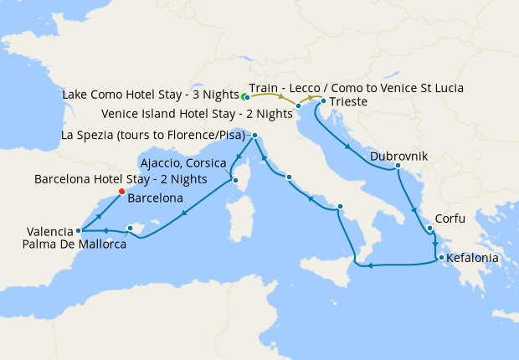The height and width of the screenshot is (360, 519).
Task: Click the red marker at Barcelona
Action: tap(121, 192)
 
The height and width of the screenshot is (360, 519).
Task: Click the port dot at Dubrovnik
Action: tap(398, 166)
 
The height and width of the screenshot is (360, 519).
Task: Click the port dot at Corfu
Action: tap(429, 228)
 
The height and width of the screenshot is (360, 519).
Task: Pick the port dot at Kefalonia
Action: tap(441, 258)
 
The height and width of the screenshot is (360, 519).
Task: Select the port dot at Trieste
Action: tap(323, 101)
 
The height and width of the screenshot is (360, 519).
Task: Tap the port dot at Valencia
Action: tap(78, 230)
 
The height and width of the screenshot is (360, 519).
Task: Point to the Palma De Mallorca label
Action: tap(76, 244)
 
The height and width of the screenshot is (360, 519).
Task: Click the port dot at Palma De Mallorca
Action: tap(130, 228)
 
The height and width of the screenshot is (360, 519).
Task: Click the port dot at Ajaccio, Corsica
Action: tap(235, 179)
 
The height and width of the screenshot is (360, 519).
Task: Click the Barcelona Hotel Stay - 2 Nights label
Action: tap(121, 179)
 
